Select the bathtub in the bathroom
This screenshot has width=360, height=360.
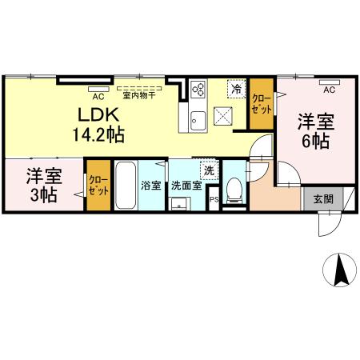click(x=125, y=186)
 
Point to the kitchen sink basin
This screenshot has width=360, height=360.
click(x=199, y=121)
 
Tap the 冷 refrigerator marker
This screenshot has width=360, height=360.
click(x=238, y=90)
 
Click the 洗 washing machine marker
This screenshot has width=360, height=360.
click(x=209, y=170)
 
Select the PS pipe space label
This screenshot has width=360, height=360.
click(x=214, y=200)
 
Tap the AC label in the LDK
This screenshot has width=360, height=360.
click(x=98, y=93)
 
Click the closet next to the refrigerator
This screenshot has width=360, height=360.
click(x=261, y=104)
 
